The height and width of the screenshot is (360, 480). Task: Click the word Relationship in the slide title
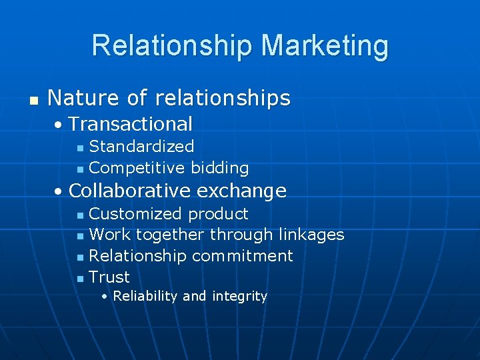(x=173, y=45)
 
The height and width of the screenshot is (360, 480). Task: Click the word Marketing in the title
(x=325, y=45)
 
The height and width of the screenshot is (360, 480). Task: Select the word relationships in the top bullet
(x=223, y=98)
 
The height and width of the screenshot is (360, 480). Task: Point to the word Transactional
(x=131, y=124)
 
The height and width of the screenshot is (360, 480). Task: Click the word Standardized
(x=141, y=147)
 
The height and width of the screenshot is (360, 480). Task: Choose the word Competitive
(x=137, y=168)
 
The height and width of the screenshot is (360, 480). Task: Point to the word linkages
(x=311, y=235)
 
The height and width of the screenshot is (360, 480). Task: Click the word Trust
(x=109, y=277)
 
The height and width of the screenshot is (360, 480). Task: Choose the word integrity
(x=239, y=296)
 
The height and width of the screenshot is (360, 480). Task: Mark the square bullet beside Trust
(x=80, y=278)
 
